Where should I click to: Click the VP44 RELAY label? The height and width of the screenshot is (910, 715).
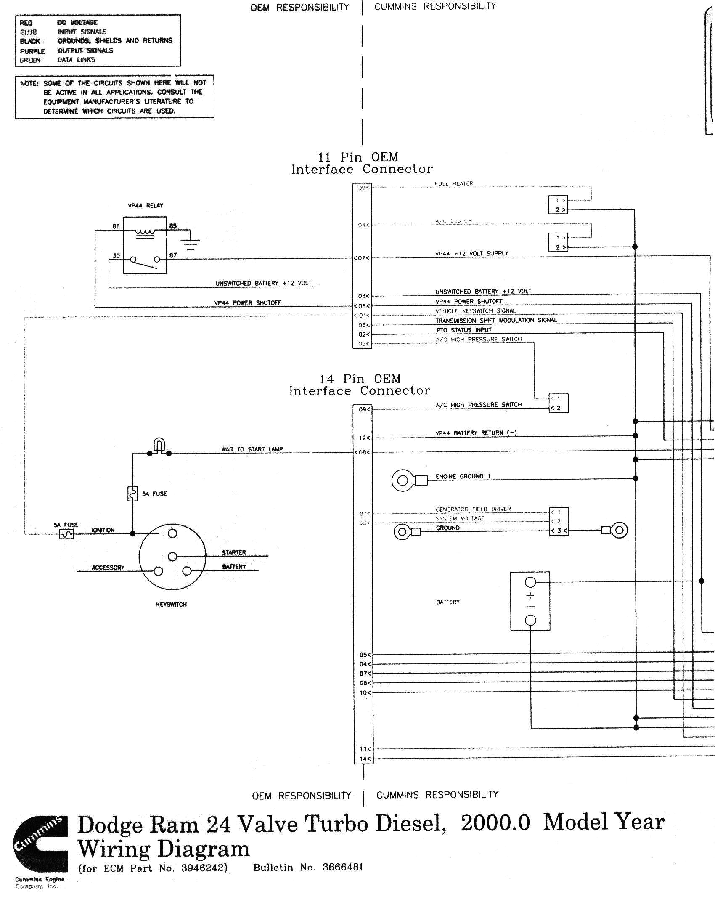[146, 205]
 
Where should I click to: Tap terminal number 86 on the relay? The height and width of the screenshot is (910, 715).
[116, 226]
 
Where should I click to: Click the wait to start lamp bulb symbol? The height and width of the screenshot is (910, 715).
[159, 446]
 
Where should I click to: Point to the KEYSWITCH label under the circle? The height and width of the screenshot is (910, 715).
[171, 604]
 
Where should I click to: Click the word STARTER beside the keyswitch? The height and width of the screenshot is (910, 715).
[234, 552]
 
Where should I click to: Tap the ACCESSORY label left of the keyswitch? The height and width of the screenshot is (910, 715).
[108, 568]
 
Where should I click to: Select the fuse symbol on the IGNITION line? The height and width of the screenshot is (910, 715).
[67, 534]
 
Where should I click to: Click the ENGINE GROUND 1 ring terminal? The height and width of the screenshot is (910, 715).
[403, 480]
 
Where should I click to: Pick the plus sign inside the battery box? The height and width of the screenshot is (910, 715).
[530, 595]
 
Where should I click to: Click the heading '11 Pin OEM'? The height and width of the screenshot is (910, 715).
[358, 157]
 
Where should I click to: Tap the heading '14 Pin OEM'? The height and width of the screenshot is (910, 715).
[360, 379]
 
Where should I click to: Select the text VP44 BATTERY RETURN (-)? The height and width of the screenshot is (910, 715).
[476, 433]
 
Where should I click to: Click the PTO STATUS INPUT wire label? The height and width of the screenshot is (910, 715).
[464, 330]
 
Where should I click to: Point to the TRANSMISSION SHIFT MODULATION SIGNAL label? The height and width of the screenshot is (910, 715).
[496, 320]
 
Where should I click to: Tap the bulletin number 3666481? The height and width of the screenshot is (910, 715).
[343, 867]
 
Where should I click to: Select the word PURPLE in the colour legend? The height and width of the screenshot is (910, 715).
[32, 51]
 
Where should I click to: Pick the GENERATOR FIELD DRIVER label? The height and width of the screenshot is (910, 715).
[473, 509]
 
